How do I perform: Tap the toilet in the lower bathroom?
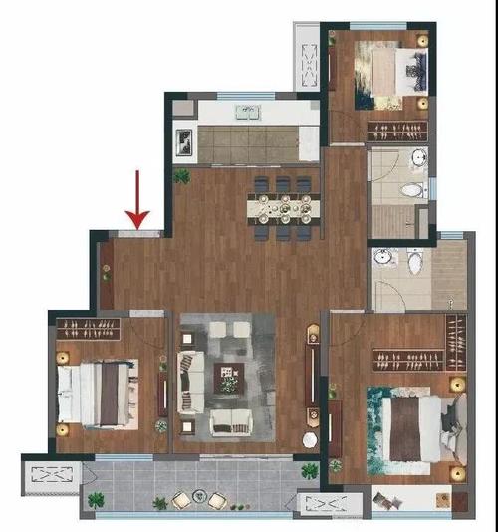click(414, 262)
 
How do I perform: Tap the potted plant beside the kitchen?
click(182, 176)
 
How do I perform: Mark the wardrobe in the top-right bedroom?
click(398, 130)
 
